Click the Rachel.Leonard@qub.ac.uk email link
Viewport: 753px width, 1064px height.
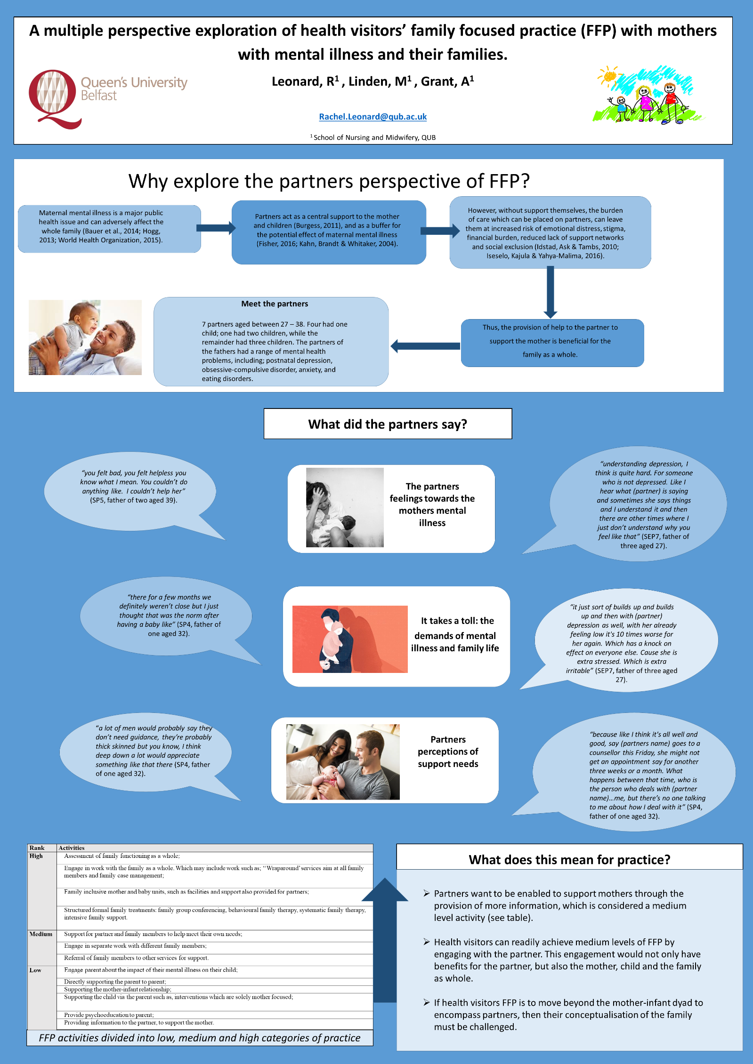coord(372,117)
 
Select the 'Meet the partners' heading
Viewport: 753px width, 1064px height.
coord(275,304)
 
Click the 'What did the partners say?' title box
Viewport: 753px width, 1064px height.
coord(388,424)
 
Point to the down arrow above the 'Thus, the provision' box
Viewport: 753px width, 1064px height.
coord(550,292)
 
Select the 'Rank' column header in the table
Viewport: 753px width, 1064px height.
coord(37,848)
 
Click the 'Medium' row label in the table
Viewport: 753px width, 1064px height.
coord(41,934)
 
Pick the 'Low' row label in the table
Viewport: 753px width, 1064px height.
coord(35,970)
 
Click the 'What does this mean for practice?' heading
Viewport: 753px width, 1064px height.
coord(569,860)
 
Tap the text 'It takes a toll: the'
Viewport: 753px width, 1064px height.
coord(457,621)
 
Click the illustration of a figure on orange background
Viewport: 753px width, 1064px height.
coord(350,639)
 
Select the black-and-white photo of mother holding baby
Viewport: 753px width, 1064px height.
coord(345,507)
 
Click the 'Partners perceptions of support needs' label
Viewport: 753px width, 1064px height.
coord(448,752)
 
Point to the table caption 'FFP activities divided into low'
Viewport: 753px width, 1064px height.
coord(200,1038)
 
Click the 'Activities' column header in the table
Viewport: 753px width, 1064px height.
coord(72,848)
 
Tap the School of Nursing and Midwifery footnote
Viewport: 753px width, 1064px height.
coord(373,137)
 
